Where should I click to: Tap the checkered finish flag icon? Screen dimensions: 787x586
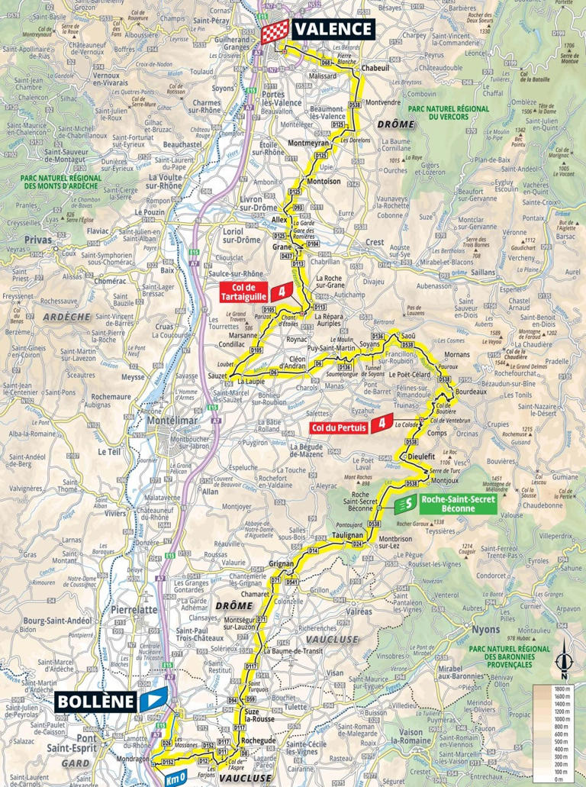[272, 32]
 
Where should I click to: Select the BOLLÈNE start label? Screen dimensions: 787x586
[95, 701]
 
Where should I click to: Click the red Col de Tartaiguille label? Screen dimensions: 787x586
[246, 292]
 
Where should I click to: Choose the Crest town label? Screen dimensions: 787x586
[376, 242]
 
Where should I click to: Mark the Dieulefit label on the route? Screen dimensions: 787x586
[421, 456]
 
